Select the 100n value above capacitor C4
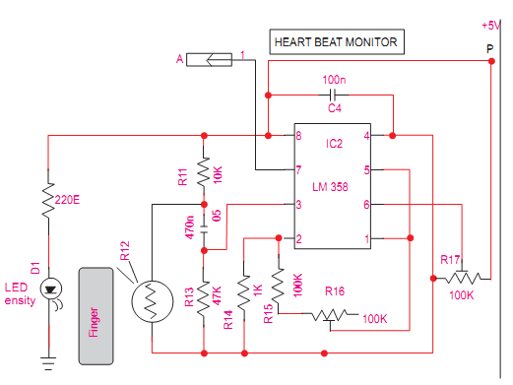point(334,79)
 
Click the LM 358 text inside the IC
point(332,187)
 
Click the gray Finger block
point(95,314)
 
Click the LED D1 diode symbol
point(50,287)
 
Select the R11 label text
point(183,177)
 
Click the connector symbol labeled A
point(210,61)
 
